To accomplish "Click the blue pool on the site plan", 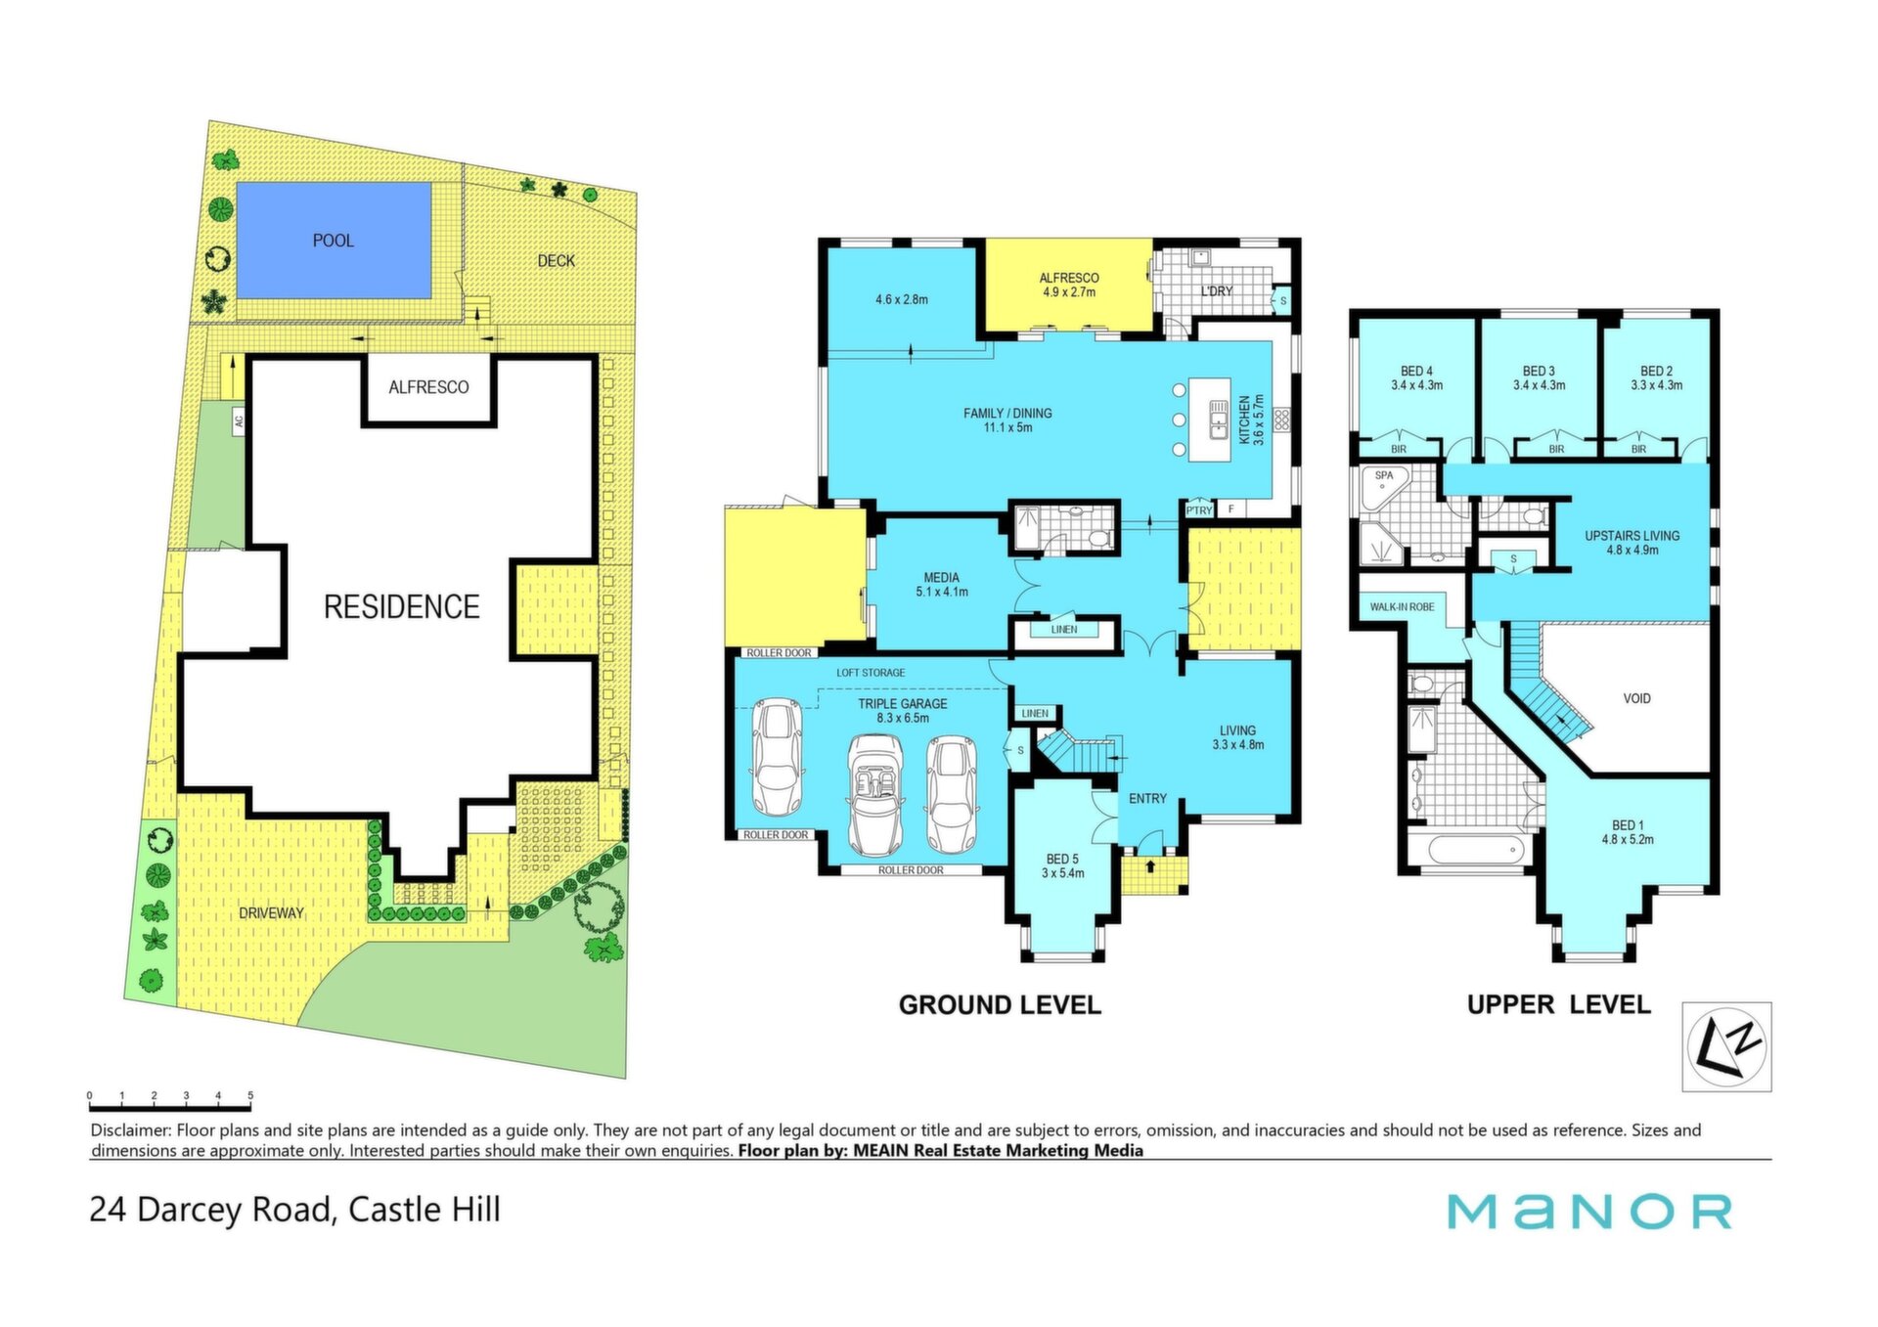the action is tap(334, 240).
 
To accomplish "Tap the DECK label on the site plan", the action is tap(556, 261).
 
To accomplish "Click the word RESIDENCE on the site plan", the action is tap(402, 607).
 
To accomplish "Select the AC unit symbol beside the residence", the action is tap(238, 421).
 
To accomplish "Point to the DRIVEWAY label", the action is tap(271, 913).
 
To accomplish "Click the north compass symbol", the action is tap(1726, 1046).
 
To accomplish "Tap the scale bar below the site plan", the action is tap(170, 1108).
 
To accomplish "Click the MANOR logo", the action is tap(1589, 1213).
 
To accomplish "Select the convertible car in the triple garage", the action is tap(874, 796).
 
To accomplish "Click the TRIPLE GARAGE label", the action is tap(903, 704).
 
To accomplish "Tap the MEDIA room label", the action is tap(941, 578).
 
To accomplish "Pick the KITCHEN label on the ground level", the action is tap(1245, 420).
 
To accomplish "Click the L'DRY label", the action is tap(1216, 291).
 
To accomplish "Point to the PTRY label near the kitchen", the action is tap(1199, 510).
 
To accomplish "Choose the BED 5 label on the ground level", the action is tap(1062, 860).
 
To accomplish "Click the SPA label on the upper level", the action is tap(1384, 476).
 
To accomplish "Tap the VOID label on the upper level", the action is tap(1636, 699).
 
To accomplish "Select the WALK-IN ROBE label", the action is tap(1402, 607).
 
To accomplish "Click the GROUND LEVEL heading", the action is tap(1000, 1005).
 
